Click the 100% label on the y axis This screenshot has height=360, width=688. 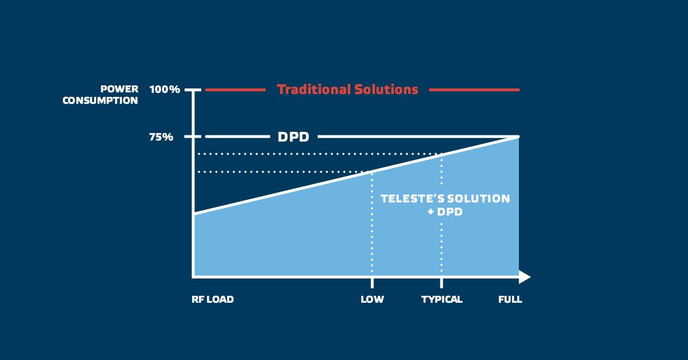point(165,89)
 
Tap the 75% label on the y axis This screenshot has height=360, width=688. point(161,137)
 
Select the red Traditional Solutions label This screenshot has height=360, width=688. point(347,89)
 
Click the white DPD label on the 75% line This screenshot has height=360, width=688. point(294,137)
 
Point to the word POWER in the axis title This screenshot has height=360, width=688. point(119,89)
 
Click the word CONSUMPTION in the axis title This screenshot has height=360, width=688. point(100,100)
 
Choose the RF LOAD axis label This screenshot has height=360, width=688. point(213,299)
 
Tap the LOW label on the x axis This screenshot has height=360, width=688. point(372,299)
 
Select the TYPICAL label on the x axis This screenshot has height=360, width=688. point(441,299)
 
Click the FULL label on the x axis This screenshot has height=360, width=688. point(510,299)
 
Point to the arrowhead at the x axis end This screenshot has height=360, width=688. point(525,277)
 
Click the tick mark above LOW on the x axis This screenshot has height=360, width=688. point(372,283)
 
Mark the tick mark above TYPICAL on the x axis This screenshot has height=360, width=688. point(441,283)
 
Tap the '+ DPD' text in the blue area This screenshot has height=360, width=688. point(445,212)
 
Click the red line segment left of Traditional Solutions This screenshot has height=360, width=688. point(235,89)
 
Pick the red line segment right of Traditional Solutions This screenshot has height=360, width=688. point(474,89)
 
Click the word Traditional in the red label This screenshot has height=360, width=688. point(314,89)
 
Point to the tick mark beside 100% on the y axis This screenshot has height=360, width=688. point(193,89)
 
